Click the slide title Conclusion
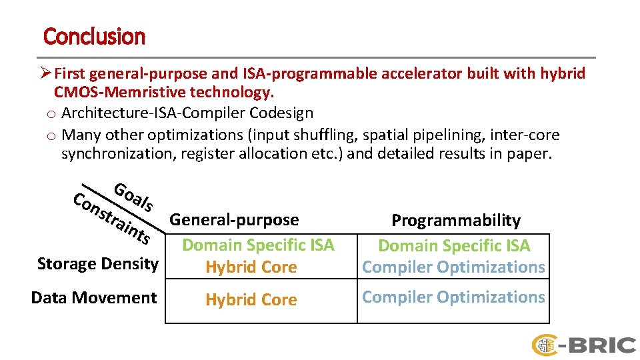[94, 36]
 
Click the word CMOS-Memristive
[113, 91]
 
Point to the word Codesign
[280, 113]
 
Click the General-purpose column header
[234, 219]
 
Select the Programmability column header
[455, 220]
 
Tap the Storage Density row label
[98, 264]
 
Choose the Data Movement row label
[94, 297]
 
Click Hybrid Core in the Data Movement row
[251, 300]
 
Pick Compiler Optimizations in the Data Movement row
[453, 297]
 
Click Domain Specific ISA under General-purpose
[258, 245]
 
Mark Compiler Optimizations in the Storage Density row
[453, 267]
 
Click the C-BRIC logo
[583, 345]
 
